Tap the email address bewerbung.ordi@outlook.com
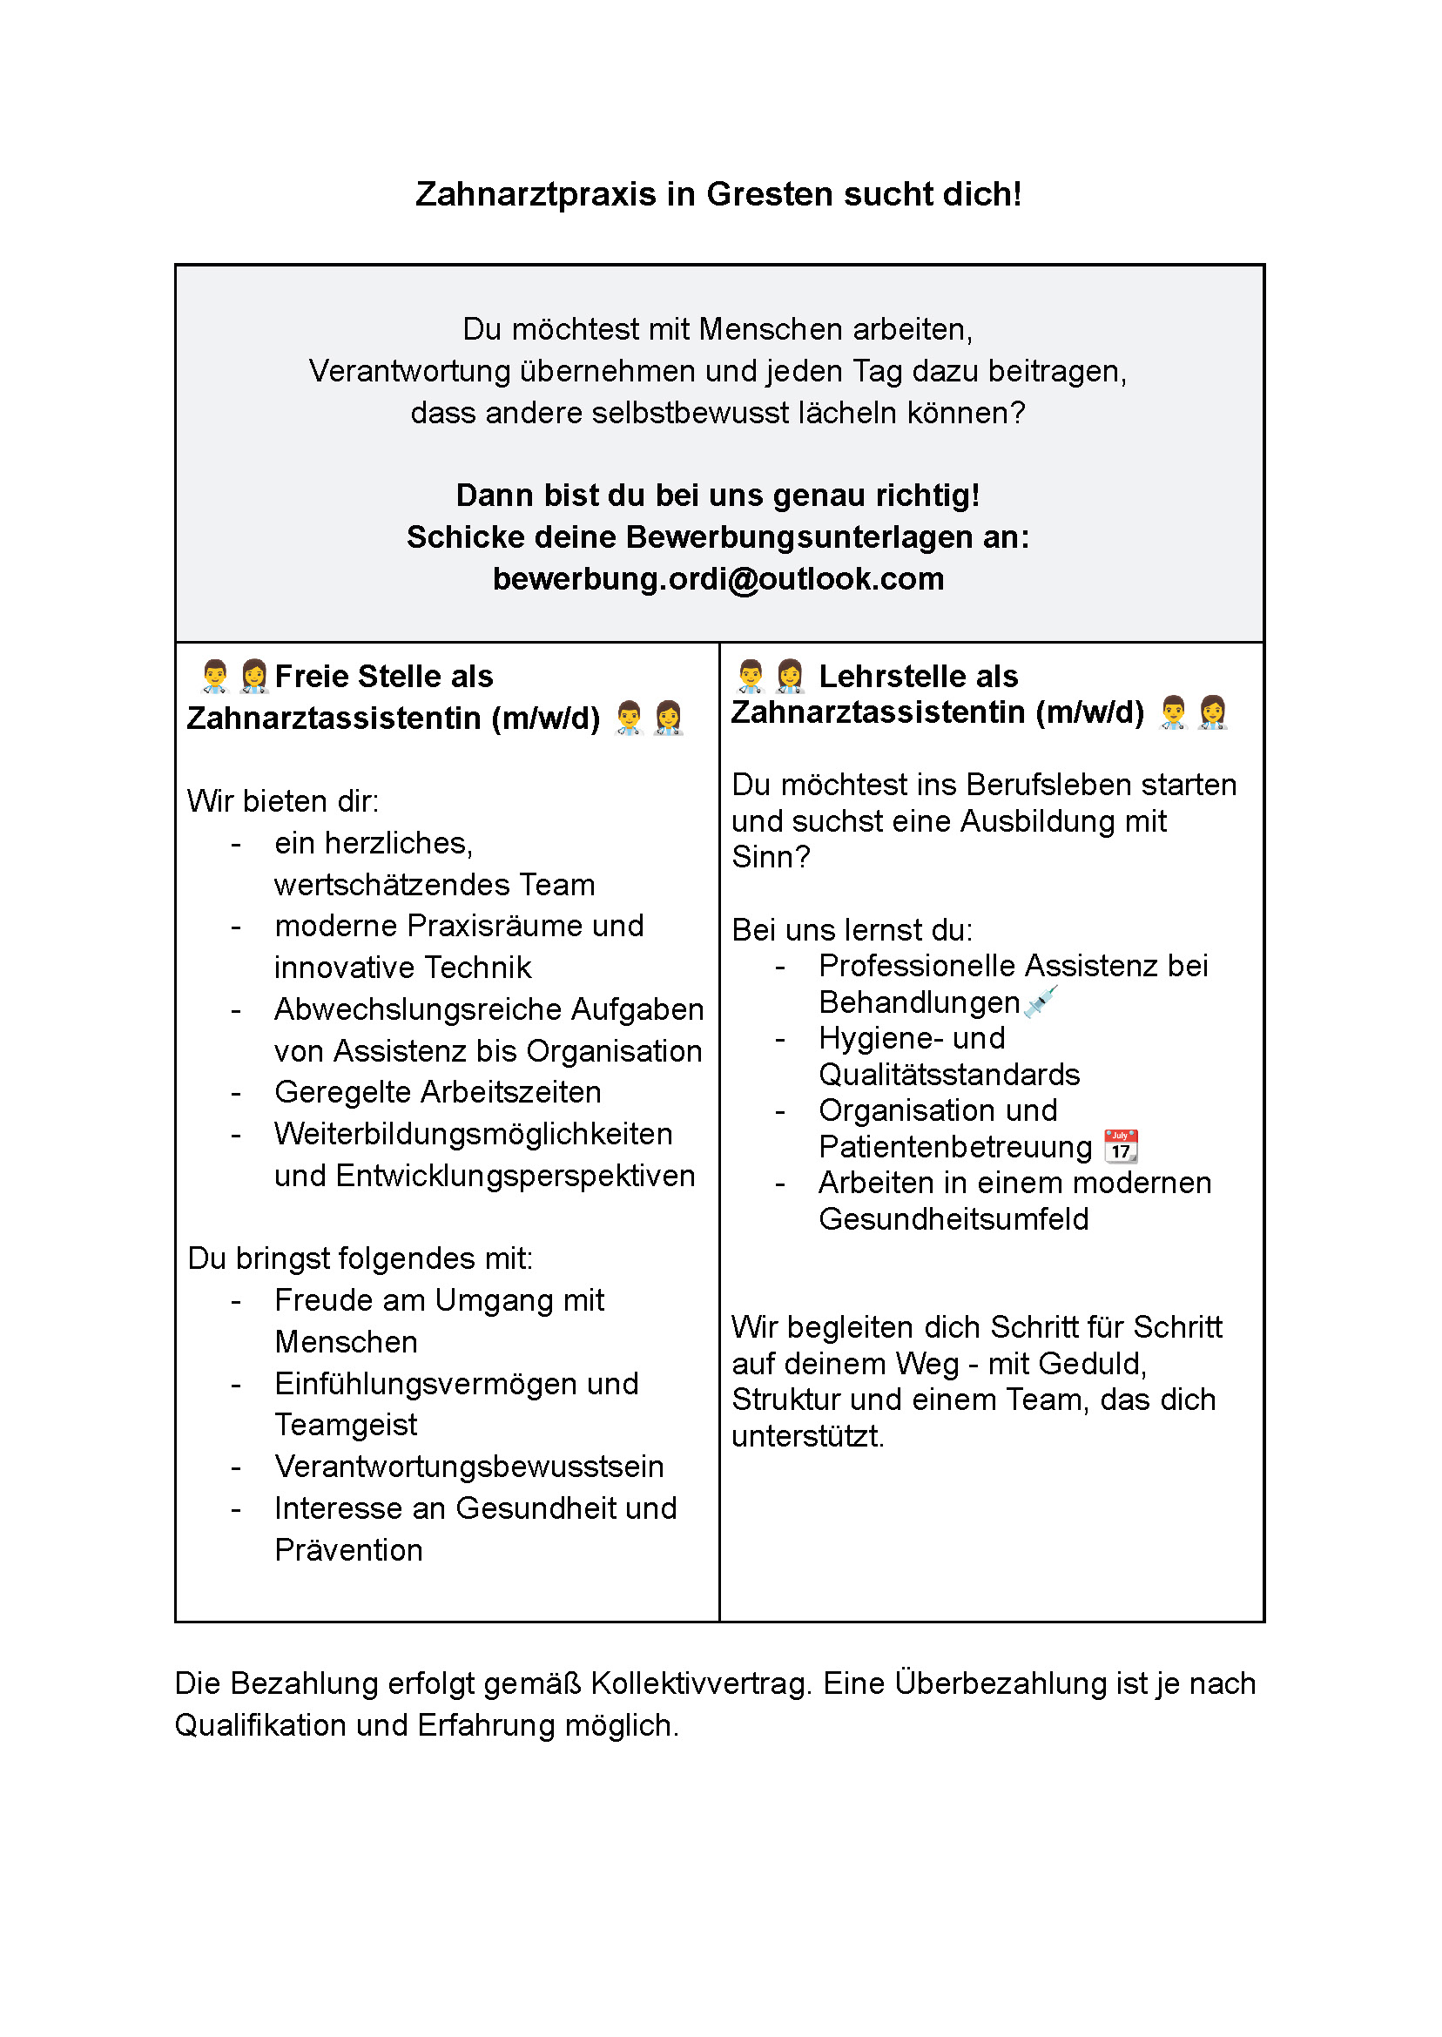tap(718, 579)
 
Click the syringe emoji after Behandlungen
tap(1041, 1001)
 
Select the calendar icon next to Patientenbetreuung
tap(1121, 1146)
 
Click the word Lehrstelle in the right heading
tap(918, 677)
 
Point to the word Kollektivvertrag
tap(702, 1683)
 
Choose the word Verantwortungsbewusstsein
tap(468, 1467)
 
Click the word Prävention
tap(349, 1550)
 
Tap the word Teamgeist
tap(346, 1425)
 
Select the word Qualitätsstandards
tap(948, 1075)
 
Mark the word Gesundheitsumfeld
tap(953, 1219)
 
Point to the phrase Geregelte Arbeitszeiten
tap(438, 1092)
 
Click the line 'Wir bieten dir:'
tap(283, 801)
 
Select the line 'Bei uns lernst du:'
tap(852, 930)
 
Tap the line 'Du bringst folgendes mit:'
tap(360, 1258)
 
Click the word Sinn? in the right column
tap(771, 857)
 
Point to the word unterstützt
tap(807, 1436)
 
